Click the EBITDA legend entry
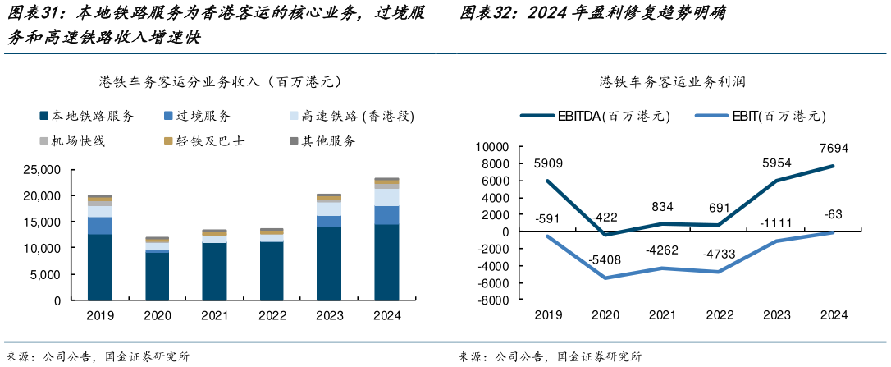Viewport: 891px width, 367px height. point(595,116)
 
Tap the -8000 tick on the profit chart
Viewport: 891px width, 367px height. point(493,300)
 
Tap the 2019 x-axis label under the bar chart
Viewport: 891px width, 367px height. point(100,315)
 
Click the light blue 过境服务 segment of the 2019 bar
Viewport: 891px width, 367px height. point(100,225)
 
